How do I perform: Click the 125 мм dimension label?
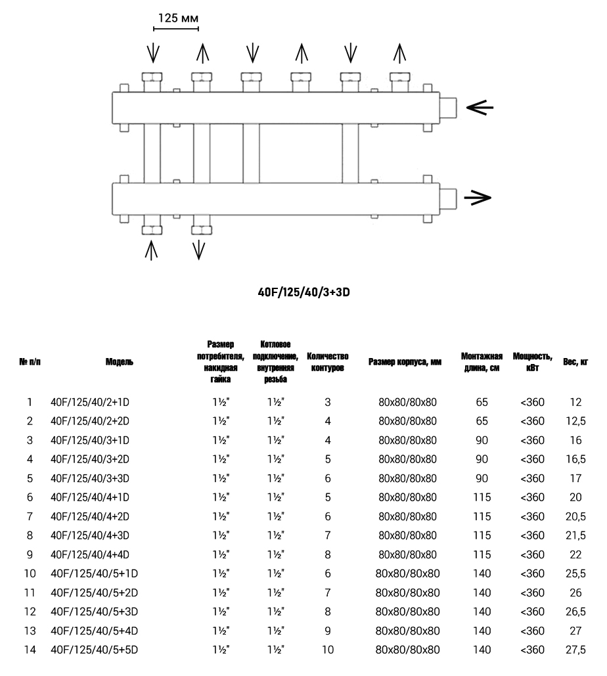coord(175,18)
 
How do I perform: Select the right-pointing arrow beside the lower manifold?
coord(478,196)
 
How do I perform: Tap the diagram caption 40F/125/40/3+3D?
coord(303,290)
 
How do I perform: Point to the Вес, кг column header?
coord(575,361)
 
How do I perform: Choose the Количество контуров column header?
coord(327,361)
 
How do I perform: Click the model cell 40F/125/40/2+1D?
coord(94,402)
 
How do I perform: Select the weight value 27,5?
coord(575,650)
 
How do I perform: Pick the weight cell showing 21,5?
coord(575,536)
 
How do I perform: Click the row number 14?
coord(30,650)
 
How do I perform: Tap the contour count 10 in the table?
coord(327,650)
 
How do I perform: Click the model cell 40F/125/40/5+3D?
coord(94,612)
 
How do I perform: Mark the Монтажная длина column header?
coord(482,361)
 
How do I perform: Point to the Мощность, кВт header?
coord(532,361)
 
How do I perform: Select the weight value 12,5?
coord(575,421)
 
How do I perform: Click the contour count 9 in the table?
coord(327,631)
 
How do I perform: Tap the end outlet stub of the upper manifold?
coord(449,107)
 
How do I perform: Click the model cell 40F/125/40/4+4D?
coord(94,555)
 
